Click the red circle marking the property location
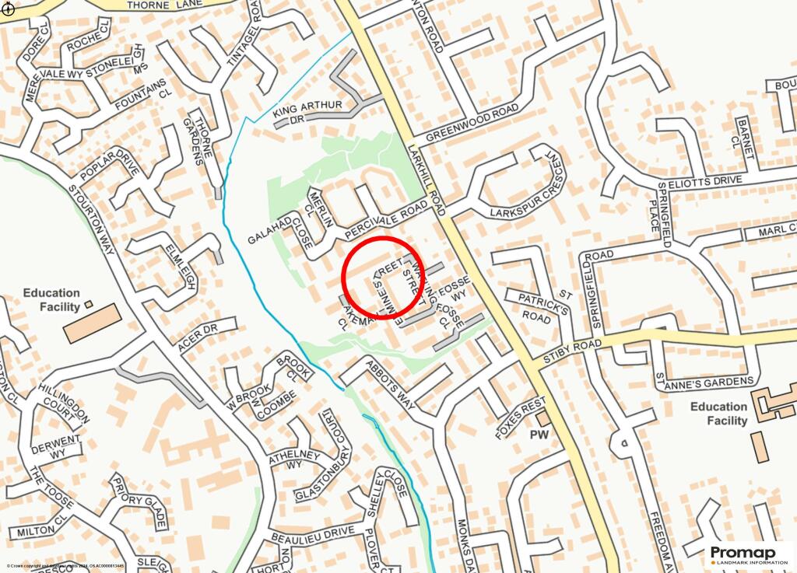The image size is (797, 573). click(383, 278)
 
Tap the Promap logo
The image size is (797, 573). click(748, 554)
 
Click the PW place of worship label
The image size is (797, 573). click(540, 435)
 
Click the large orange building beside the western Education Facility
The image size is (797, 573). click(92, 323)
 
